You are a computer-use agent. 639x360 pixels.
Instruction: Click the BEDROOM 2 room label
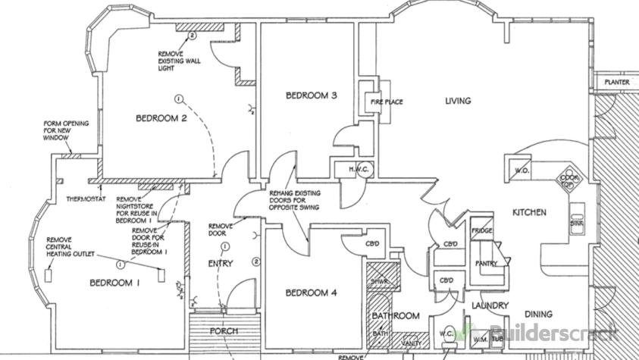point(161,118)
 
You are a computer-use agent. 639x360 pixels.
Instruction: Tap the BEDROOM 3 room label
point(311,95)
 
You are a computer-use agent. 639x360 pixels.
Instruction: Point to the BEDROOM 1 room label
point(115,283)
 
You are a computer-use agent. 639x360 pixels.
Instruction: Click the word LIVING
point(458,101)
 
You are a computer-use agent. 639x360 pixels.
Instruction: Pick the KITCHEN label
point(529,213)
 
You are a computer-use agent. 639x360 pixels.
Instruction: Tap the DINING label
point(537,314)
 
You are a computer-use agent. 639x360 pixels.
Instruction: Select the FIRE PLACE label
point(386,102)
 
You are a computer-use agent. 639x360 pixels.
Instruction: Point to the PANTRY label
point(485,264)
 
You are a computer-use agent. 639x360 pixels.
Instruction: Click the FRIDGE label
point(482,230)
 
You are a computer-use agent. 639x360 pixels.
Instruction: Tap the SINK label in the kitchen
point(576,224)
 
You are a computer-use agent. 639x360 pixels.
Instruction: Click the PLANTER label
point(616,82)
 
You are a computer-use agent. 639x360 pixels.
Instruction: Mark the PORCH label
point(224,331)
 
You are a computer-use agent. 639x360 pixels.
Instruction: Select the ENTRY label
point(221,264)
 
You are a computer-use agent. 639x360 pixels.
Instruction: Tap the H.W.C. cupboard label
point(358,169)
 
